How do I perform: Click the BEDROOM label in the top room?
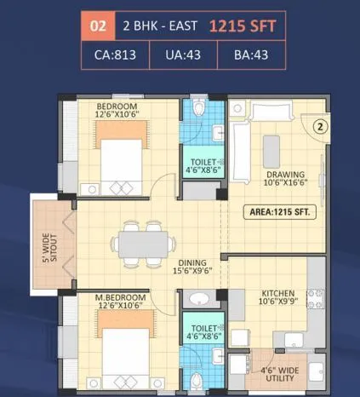pyautogui.click(x=116, y=106)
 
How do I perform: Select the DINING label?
pyautogui.click(x=191, y=263)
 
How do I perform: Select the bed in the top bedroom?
pyautogui.click(x=124, y=157)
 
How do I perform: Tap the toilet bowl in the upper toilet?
pyautogui.click(x=200, y=109)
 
